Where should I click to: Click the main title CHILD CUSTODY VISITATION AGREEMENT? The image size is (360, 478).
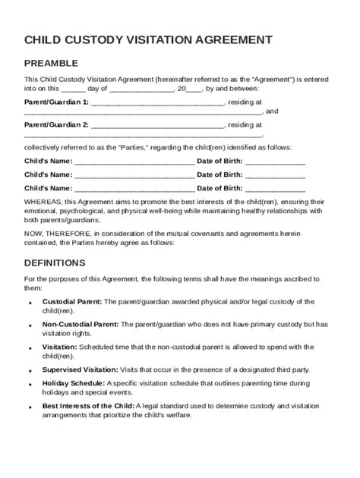pos(148,39)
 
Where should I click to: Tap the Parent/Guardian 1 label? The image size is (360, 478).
pos(56,101)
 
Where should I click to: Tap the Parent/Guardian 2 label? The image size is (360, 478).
pos(56,124)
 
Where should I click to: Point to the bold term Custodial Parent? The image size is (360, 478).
pos(72,302)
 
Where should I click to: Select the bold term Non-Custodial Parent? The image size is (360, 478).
pos(80,325)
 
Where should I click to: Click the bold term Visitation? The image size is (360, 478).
pos(59,347)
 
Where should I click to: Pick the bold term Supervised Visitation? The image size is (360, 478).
pos(80,370)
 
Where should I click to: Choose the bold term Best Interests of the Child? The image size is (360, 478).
pos(87,406)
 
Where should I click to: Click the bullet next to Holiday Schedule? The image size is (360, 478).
pos(30,384)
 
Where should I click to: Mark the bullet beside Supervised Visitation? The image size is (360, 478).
pos(30,370)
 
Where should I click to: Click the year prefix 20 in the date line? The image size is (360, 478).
pos(181,88)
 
